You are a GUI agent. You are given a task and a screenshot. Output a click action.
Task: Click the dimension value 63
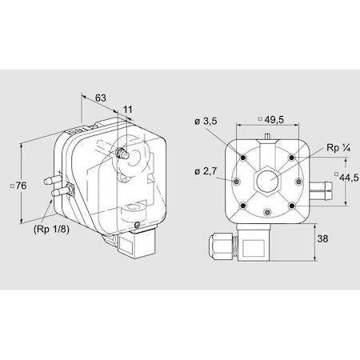[x=101, y=98]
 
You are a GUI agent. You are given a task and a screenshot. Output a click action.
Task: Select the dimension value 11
[x=128, y=110]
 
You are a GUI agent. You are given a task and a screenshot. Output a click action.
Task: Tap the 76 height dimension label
[x=18, y=186]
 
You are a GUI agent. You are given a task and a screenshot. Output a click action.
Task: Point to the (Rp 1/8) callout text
[x=51, y=229]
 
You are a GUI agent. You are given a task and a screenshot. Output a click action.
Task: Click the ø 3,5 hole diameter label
[x=206, y=121]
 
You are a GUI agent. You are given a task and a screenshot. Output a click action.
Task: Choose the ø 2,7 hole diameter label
[x=206, y=171]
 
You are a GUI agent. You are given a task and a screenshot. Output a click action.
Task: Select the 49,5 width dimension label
[x=271, y=120]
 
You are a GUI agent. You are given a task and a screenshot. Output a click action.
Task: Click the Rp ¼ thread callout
[x=338, y=148]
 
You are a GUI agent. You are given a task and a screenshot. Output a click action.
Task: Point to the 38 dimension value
[x=322, y=238]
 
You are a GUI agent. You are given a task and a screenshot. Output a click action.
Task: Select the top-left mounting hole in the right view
[x=243, y=158]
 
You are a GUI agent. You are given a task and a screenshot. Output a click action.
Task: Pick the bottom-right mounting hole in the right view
[x=292, y=206]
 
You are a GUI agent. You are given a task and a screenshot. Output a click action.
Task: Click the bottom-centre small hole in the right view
[x=267, y=212]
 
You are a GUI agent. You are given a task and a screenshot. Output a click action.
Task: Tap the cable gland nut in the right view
[x=220, y=246]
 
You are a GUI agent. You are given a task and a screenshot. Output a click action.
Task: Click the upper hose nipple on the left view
[x=52, y=179]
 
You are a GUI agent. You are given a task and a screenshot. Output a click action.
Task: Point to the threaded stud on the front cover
[x=122, y=153]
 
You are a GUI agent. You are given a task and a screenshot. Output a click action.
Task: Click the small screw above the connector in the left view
[x=137, y=225]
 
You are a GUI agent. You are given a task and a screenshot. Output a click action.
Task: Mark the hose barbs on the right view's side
[x=322, y=190]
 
